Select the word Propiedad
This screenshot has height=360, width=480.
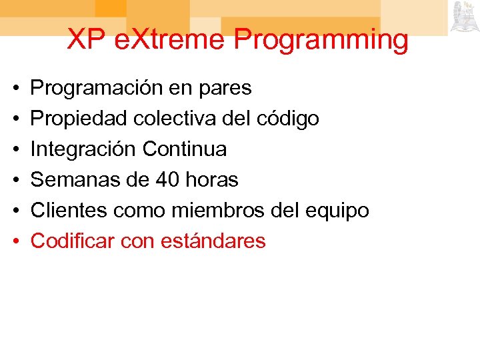pyautogui.click(x=79, y=119)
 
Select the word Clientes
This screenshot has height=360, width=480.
pyautogui.click(x=69, y=211)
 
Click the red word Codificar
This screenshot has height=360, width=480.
pyautogui.click(x=73, y=241)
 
